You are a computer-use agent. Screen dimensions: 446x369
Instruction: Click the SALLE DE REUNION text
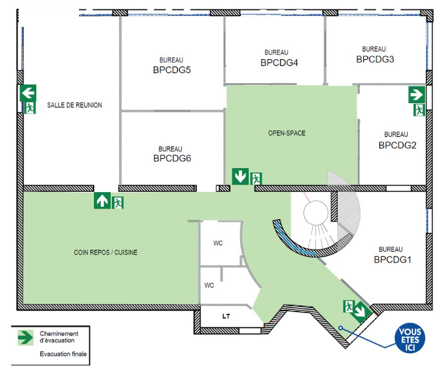74,105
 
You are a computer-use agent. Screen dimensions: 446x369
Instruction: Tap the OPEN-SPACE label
287,133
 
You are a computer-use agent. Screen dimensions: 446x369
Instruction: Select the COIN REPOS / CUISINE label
105,252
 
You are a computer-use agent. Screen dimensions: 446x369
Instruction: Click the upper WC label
218,243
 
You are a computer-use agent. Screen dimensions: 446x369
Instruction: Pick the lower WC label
209,285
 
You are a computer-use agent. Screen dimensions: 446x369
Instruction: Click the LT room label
226,316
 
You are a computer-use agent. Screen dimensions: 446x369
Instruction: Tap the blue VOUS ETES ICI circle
410,338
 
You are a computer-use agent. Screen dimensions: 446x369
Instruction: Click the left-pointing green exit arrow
28,93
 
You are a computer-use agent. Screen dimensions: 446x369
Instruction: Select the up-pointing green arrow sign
102,201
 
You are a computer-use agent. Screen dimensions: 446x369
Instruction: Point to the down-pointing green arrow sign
241,176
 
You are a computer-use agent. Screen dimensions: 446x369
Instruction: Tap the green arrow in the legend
26,338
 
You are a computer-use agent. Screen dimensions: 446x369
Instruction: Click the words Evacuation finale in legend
63,354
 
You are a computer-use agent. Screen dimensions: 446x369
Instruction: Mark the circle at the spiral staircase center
315,213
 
